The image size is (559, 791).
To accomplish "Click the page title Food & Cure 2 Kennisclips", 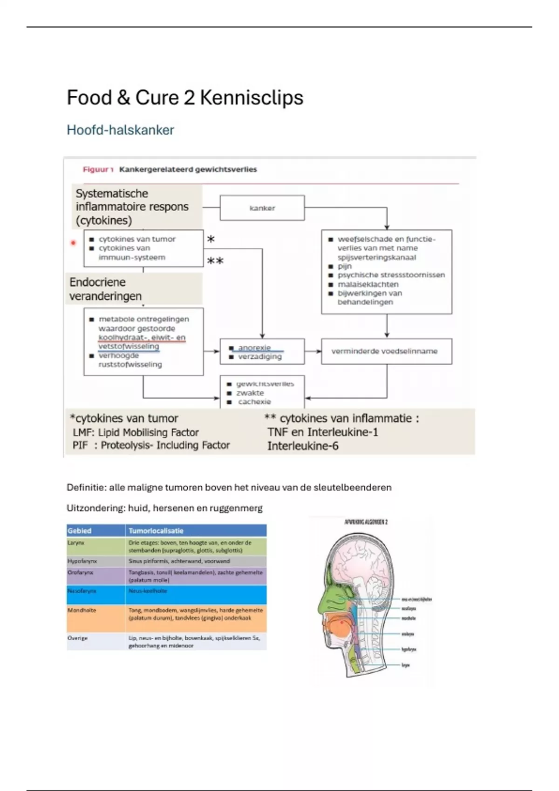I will [185, 98].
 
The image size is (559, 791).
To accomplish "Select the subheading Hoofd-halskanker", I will [120, 130].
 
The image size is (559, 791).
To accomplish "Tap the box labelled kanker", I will [262, 208].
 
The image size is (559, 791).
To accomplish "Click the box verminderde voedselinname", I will [386, 351].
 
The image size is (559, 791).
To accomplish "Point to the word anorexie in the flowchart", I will [254, 348].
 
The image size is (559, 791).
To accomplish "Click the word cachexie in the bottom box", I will [254, 402].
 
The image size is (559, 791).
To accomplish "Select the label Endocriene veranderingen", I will [105, 289].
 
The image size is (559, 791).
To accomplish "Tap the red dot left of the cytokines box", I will [73, 243].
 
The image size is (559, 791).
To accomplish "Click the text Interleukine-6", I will [303, 446].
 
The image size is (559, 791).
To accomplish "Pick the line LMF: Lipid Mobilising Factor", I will [136, 432].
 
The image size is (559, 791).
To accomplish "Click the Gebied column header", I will [80, 530].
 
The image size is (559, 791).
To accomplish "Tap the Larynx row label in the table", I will [76, 543].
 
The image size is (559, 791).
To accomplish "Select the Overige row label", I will [78, 638].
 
